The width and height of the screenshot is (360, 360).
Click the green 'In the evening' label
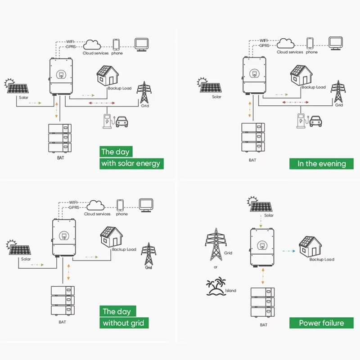click(321, 163)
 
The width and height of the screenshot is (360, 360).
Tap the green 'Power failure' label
click(321, 323)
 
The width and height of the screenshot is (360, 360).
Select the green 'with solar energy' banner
click(130, 163)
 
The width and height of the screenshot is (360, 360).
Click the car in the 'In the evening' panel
click(316, 121)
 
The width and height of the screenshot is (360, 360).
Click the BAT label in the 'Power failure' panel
click(263, 324)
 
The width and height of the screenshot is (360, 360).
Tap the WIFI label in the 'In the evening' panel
click(264, 40)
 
